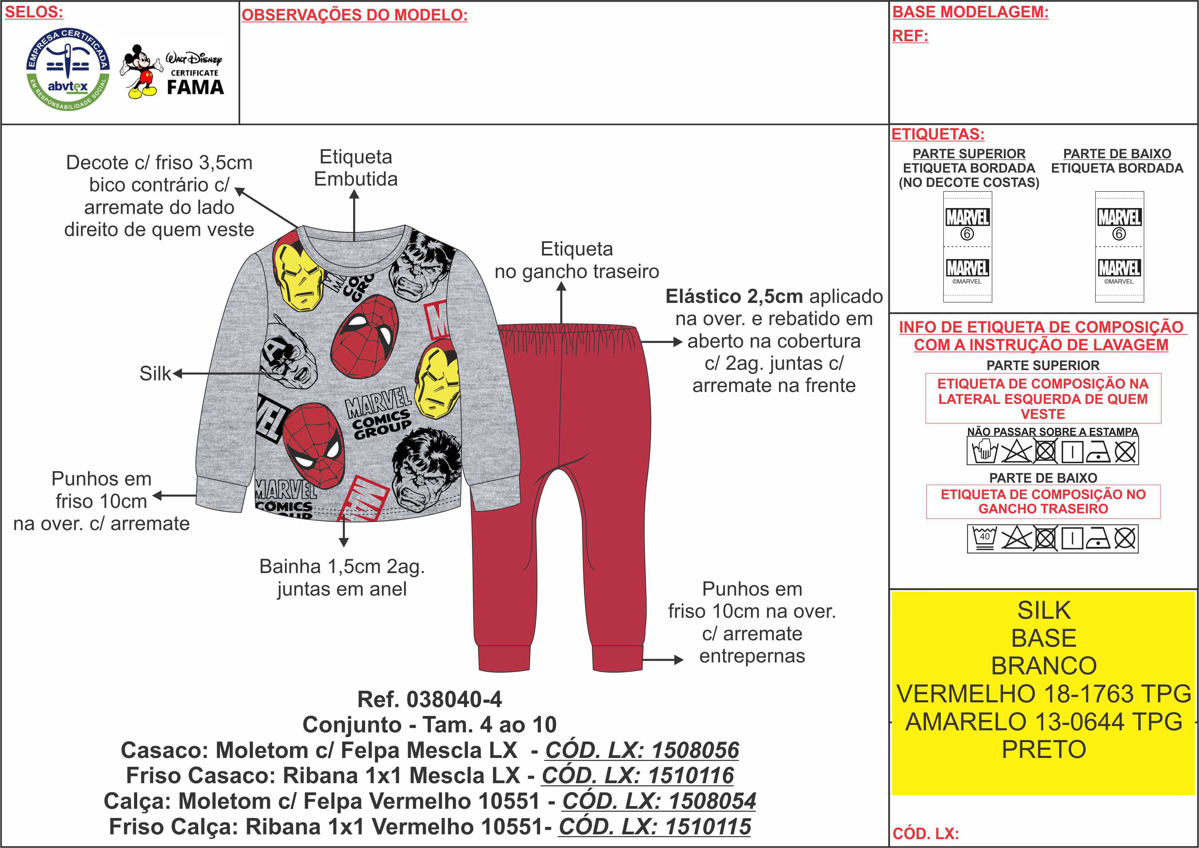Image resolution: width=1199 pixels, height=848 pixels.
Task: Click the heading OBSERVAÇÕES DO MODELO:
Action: tap(355, 15)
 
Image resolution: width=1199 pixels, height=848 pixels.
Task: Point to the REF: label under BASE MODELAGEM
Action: tap(910, 36)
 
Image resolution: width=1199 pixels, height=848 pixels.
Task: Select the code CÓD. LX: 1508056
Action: tap(642, 750)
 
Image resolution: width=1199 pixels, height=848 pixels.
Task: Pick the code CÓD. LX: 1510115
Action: tap(655, 827)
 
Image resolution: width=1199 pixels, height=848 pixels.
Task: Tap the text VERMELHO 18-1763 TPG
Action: tap(1043, 694)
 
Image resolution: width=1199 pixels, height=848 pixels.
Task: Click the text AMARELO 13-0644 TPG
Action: tap(1043, 722)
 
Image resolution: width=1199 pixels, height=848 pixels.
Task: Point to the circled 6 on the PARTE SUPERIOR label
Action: tap(967, 234)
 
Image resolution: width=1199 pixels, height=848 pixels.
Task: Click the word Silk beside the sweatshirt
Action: tap(155, 374)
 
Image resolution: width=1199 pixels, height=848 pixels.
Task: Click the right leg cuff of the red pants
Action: tap(617, 658)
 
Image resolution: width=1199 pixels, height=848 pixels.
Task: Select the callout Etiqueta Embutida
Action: tap(356, 167)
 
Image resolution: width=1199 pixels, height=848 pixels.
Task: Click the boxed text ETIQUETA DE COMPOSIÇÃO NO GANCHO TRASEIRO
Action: tap(1043, 501)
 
